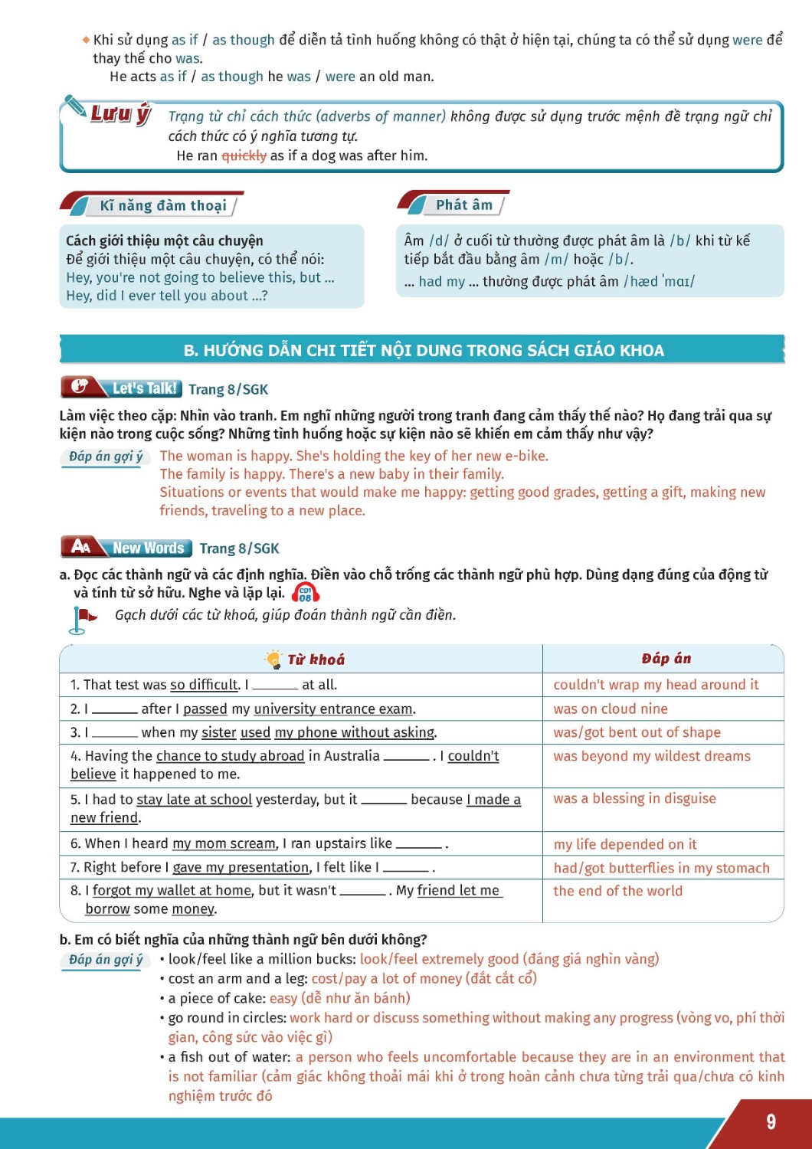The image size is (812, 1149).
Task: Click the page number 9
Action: tap(771, 1122)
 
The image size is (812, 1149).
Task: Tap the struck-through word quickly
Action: tap(244, 156)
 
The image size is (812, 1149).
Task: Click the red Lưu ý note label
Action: tap(120, 115)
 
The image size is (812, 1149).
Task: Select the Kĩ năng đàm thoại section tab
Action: tap(162, 205)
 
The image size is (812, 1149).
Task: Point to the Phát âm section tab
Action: tap(463, 205)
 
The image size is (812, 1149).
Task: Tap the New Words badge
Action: tap(127, 548)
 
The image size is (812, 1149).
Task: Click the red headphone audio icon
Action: tap(306, 594)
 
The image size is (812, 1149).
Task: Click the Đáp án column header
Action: tap(666, 659)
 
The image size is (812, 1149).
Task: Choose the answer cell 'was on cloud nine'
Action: tap(611, 709)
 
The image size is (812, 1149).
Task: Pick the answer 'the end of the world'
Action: tap(617, 891)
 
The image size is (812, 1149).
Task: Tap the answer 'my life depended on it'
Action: tap(625, 844)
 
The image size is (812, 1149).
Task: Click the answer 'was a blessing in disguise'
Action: tap(634, 798)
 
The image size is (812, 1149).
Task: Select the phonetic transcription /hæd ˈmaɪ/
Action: tap(659, 281)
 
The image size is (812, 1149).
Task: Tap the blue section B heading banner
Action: tap(423, 350)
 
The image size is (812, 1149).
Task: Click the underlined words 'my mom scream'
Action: tap(224, 843)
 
